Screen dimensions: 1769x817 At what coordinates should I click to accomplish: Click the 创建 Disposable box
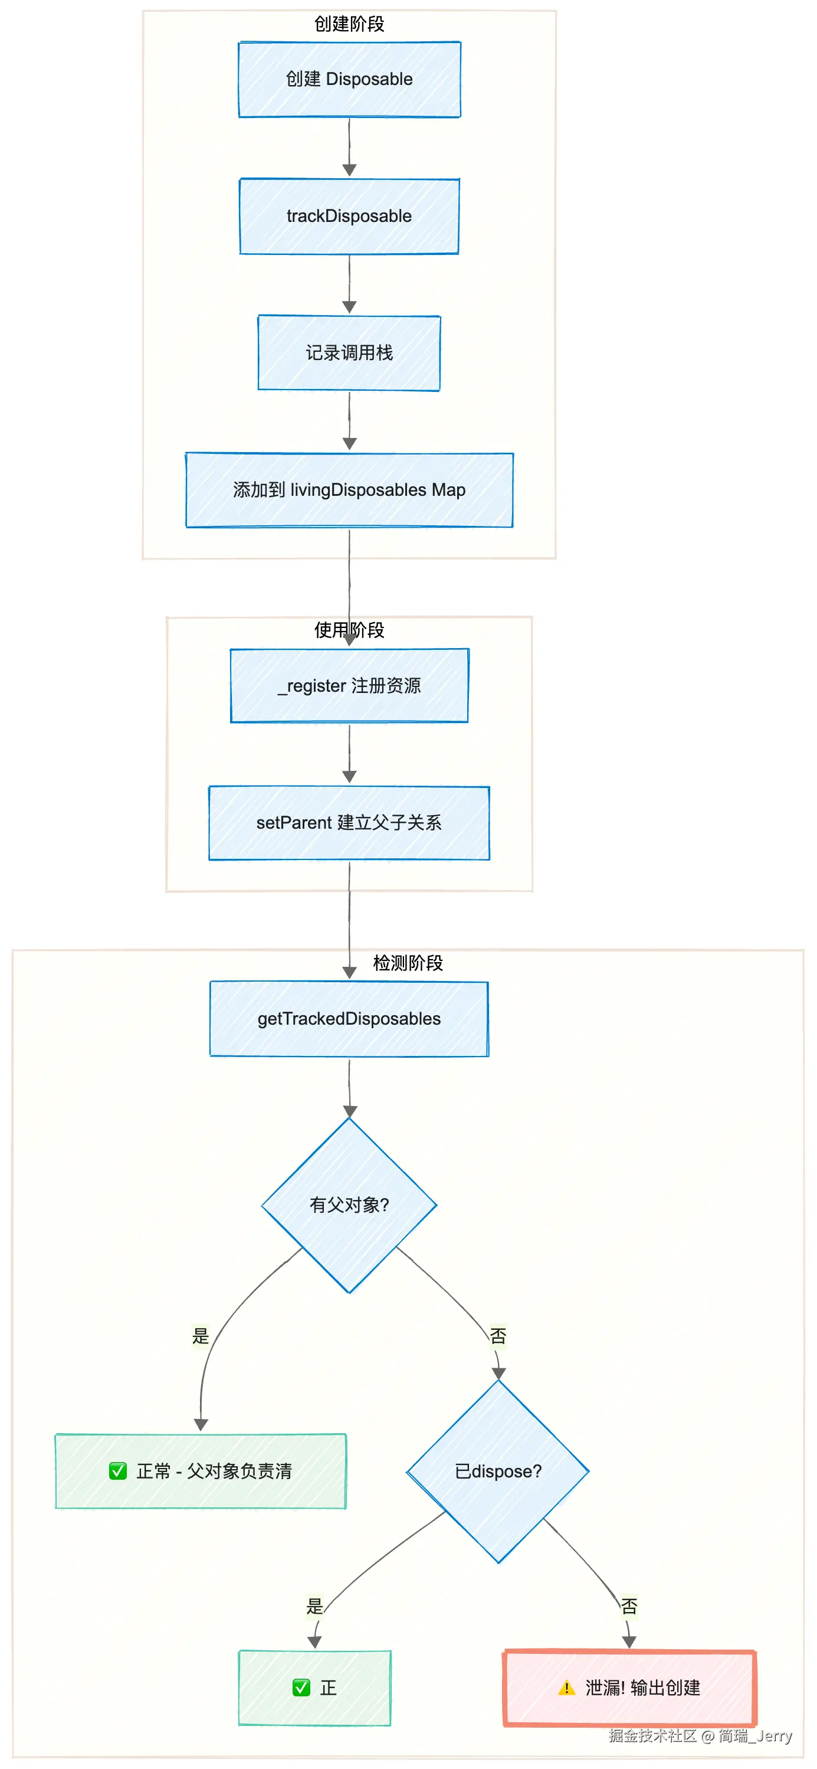tap(349, 79)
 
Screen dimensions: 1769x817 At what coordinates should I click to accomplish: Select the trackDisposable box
tap(349, 216)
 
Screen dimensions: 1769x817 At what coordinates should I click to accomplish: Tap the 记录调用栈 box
tap(349, 353)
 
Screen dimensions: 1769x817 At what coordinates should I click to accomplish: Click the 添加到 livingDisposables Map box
tap(349, 490)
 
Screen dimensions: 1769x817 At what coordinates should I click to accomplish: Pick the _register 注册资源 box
tap(349, 685)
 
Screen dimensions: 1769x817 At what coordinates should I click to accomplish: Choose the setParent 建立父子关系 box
tap(349, 823)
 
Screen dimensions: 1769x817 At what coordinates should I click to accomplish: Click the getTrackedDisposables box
tap(349, 1018)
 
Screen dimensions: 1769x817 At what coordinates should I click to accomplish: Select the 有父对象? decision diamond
tap(349, 1205)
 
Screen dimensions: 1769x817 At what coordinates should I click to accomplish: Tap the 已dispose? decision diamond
tap(498, 1472)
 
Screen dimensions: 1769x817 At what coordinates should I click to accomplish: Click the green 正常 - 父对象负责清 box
tap(201, 1471)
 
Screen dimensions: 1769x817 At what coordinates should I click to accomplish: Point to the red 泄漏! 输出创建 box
tap(629, 1688)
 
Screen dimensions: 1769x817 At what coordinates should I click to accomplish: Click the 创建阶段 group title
tap(349, 24)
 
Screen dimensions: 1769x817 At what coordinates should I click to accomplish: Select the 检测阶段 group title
tap(408, 963)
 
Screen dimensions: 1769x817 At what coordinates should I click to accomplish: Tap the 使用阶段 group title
tap(349, 630)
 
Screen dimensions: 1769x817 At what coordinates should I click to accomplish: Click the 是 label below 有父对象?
tap(201, 1336)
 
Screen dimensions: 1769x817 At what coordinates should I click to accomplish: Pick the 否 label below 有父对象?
tap(498, 1336)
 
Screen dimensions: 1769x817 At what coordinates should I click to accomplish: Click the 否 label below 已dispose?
tap(629, 1606)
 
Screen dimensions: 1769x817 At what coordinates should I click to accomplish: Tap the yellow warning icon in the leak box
tap(566, 1688)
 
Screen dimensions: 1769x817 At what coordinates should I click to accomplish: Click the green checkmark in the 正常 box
tap(118, 1471)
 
